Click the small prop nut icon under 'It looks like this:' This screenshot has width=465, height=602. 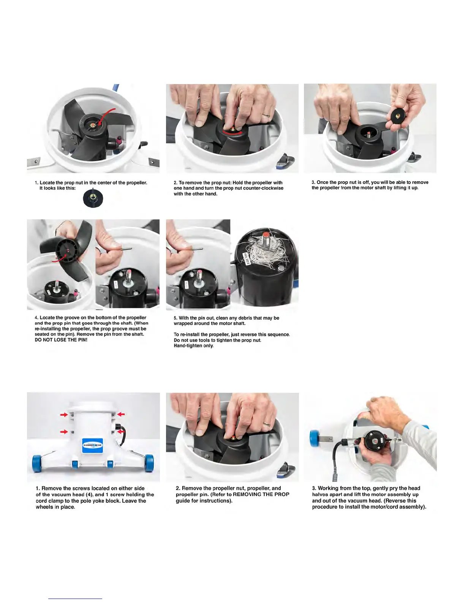tap(93, 198)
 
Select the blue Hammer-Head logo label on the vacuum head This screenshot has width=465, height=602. tap(92, 445)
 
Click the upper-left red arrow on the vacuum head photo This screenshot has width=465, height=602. tap(64, 415)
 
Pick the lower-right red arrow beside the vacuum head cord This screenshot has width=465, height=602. tap(121, 432)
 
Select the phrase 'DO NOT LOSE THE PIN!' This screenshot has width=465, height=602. tap(61, 340)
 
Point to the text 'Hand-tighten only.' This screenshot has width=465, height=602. tap(194, 346)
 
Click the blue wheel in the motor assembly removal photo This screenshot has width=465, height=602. tap(315, 438)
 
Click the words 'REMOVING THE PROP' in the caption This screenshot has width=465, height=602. tap(261, 494)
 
